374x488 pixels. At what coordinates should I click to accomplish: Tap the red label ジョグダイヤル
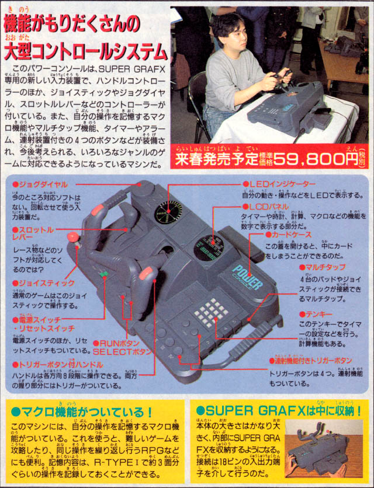(x=41, y=184)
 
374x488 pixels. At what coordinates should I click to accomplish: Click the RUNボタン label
(x=120, y=343)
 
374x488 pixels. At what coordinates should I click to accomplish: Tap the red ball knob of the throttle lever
(x=74, y=237)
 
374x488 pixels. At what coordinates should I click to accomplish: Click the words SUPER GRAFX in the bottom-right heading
(x=245, y=412)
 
